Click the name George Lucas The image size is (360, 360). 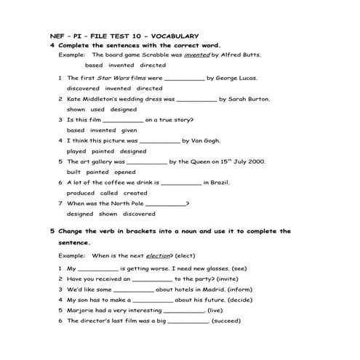[x=236, y=77]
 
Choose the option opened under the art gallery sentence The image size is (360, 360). [x=125, y=172]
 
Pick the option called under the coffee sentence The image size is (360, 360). [x=109, y=193]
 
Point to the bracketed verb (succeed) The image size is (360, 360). [x=226, y=321]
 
